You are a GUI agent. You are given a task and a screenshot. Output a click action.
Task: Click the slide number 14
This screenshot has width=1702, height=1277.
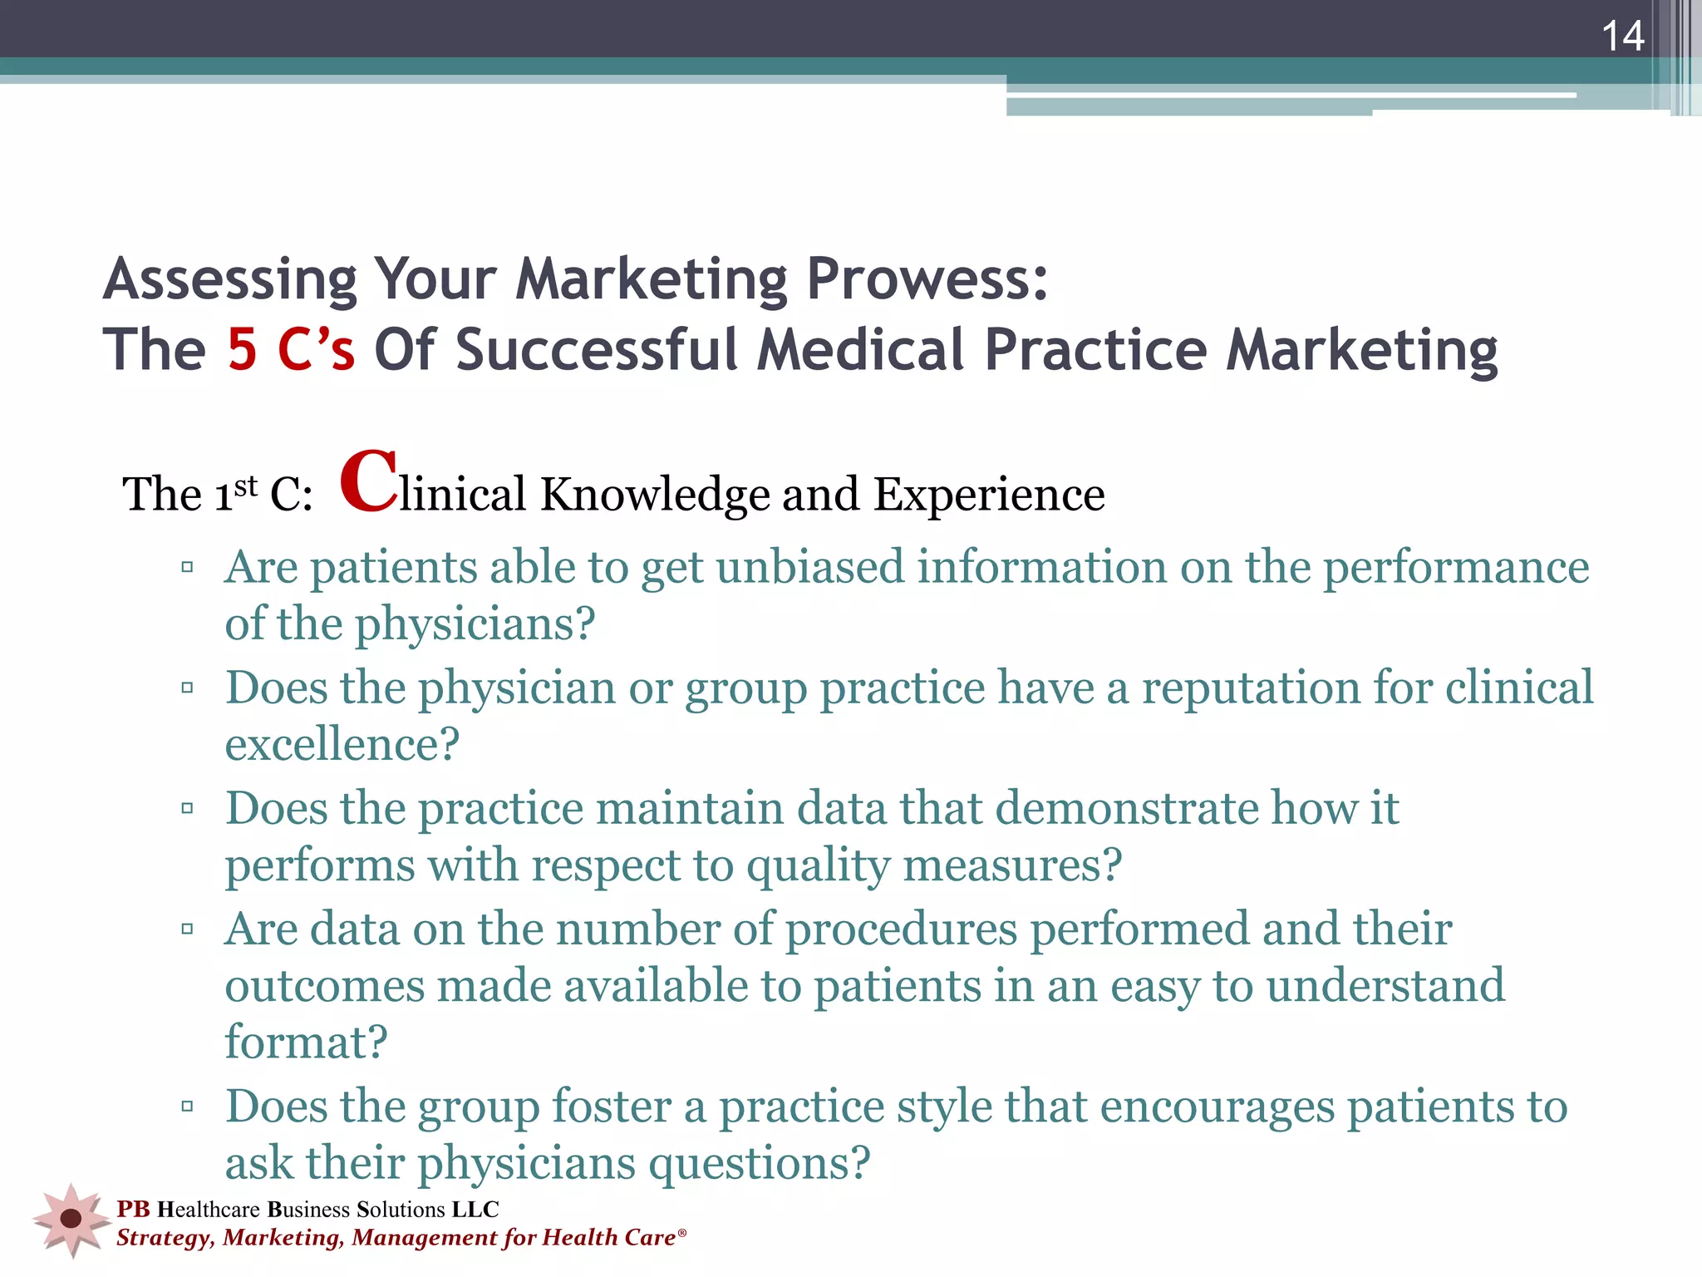click(1622, 37)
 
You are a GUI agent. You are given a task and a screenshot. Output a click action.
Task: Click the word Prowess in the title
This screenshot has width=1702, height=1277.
click(927, 279)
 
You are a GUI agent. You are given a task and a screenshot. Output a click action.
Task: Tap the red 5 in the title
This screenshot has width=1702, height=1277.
click(243, 349)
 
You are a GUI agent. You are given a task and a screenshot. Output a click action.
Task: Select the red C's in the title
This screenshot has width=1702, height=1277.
click(317, 349)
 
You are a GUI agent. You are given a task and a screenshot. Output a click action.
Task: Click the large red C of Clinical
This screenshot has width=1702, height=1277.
click(369, 481)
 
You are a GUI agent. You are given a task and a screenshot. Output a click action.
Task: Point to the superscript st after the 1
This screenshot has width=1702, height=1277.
click(246, 486)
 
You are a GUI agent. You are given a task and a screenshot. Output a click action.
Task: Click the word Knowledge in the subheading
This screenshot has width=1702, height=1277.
click(655, 494)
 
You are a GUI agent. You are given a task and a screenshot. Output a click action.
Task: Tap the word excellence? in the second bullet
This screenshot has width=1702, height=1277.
click(342, 744)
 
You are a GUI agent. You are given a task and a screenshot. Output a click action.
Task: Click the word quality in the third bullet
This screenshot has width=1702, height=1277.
click(818, 866)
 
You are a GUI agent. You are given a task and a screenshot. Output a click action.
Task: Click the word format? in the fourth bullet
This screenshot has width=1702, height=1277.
click(307, 1042)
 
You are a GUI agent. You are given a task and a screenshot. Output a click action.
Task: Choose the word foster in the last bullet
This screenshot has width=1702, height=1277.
click(612, 1107)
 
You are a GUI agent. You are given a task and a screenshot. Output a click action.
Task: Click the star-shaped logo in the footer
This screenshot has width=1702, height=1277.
click(71, 1219)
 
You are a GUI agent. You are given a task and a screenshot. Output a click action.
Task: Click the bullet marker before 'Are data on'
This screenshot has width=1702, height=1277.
click(187, 929)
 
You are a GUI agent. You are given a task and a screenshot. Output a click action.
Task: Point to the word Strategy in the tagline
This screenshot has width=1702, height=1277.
click(165, 1238)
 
